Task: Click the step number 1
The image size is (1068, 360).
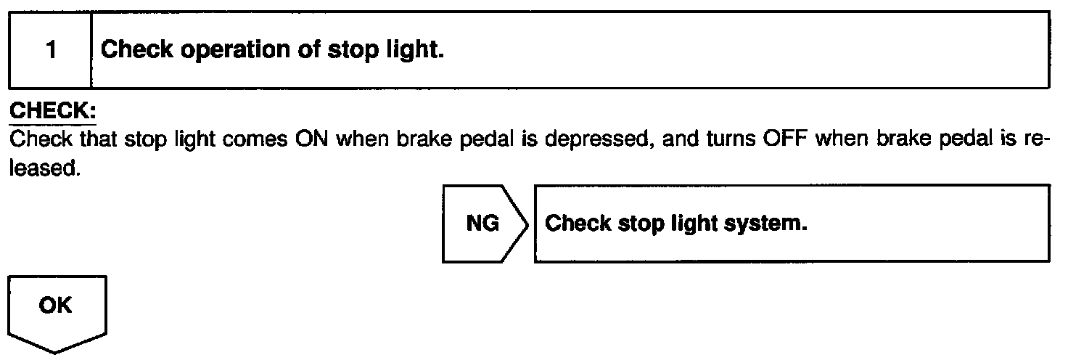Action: pos(49,52)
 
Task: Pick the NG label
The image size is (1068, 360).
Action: pos(482,224)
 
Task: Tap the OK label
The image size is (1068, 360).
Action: pos(56,306)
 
